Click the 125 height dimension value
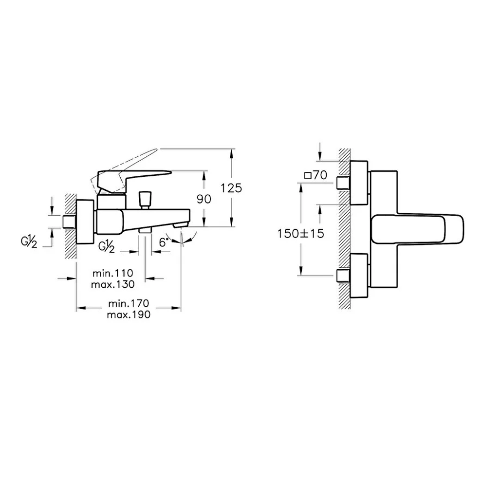[231, 188]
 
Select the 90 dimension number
[204, 199]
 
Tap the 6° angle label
[164, 242]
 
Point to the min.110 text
[113, 273]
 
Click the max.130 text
[113, 284]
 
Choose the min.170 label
[129, 303]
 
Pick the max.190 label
[129, 315]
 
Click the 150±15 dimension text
[300, 234]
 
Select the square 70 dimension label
[315, 175]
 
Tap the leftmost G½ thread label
[29, 242]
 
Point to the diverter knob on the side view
[145, 200]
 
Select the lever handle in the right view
[417, 229]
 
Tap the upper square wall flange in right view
[359, 183]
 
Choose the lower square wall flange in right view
[359, 276]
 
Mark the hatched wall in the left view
[71, 226]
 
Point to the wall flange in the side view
[85, 222]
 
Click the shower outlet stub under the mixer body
[145, 230]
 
